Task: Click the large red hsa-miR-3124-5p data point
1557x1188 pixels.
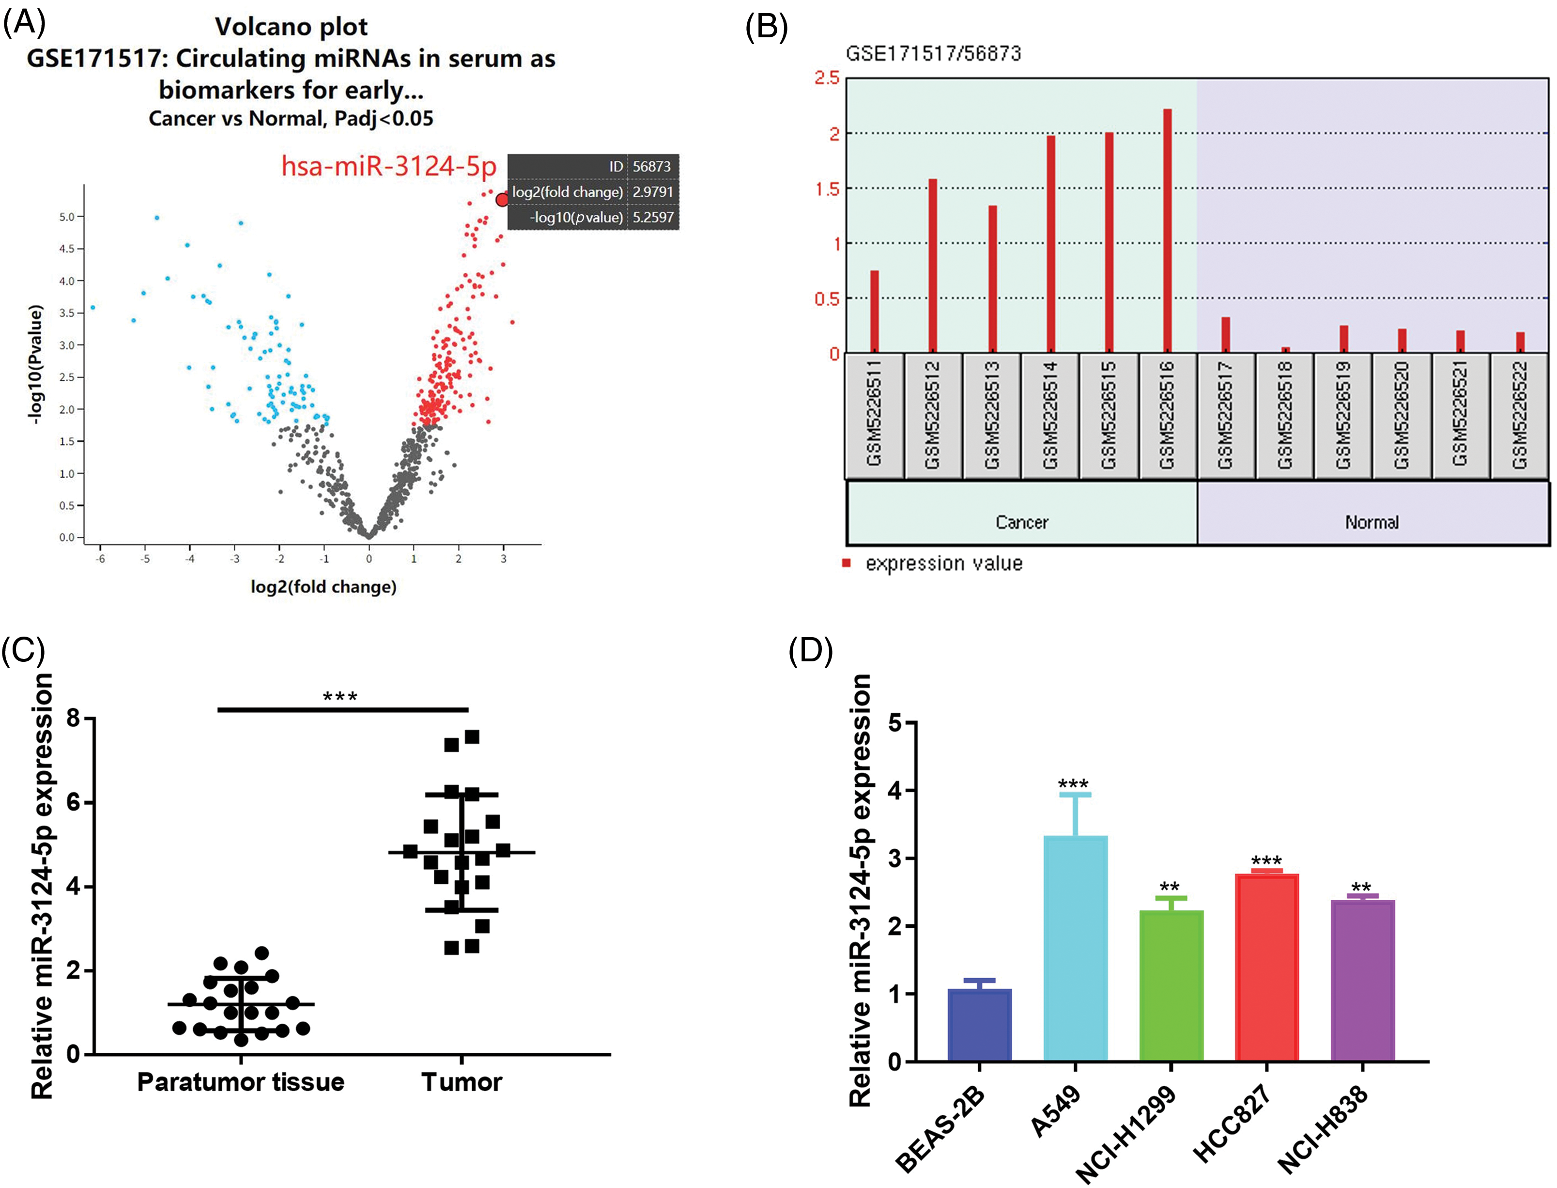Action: point(502,200)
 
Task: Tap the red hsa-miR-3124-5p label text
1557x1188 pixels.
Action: point(389,166)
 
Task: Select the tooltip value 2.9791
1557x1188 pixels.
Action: point(652,192)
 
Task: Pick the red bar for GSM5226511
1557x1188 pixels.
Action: point(874,311)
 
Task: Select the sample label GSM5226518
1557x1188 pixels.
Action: point(1284,415)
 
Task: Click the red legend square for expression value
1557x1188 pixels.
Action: point(846,563)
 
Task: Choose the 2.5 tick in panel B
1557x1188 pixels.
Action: point(827,78)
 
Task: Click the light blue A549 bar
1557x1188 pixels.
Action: point(1075,948)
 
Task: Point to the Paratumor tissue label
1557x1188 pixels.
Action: point(240,1082)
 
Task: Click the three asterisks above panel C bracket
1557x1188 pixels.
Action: point(340,697)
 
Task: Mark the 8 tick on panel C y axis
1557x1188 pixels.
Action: point(74,719)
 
